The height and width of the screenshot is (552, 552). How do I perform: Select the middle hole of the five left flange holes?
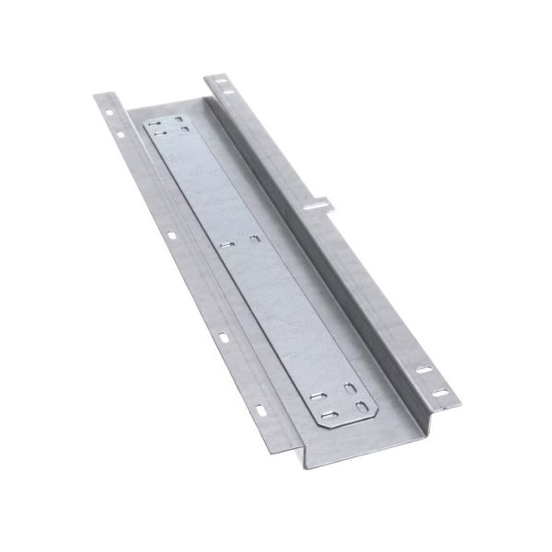172,236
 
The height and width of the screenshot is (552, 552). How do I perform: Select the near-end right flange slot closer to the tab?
424,370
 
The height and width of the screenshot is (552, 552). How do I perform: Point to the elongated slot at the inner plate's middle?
227,246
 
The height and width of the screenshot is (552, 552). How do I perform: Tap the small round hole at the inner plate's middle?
255,239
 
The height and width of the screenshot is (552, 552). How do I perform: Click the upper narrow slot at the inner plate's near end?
317,396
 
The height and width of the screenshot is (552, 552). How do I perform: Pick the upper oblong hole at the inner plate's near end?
351,388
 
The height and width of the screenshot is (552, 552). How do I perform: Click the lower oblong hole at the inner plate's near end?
362,408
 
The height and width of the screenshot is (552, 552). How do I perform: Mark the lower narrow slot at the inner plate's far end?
160,132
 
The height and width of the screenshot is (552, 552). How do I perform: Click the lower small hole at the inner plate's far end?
185,130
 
